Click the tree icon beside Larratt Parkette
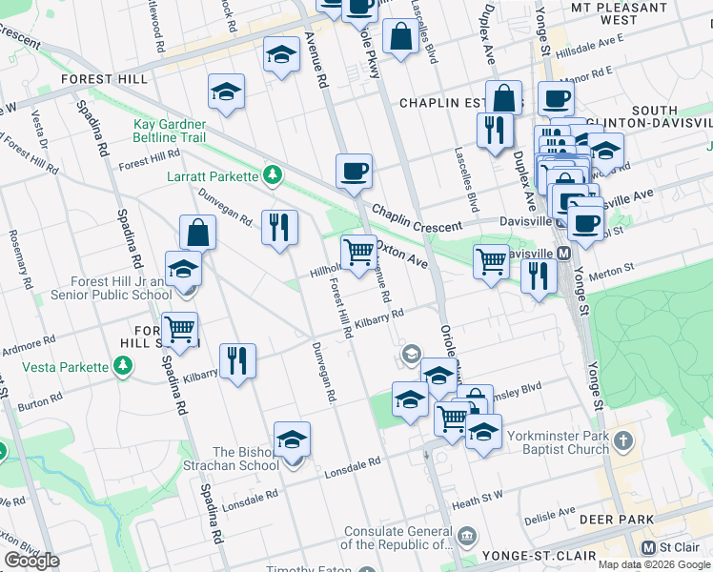pos(273,175)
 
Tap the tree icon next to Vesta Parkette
pos(122,366)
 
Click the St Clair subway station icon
pos(649,547)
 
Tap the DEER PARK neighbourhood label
pos(621,520)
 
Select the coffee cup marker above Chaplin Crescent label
pos(354,172)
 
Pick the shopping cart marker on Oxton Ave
pos(358,254)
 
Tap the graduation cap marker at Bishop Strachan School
pos(293,439)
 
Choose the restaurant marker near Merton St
pos(539,276)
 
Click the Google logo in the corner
pos(31,561)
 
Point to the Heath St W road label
pos(477,496)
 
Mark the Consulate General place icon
pos(465,535)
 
